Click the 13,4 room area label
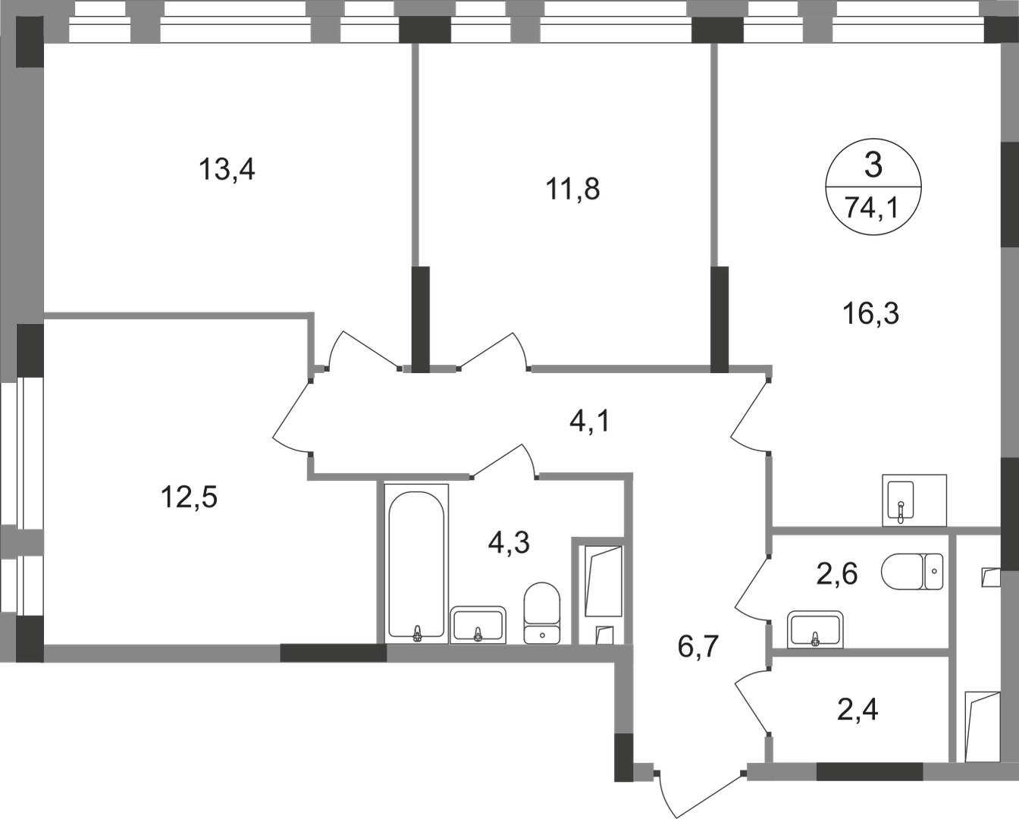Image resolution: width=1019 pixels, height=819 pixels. [227, 169]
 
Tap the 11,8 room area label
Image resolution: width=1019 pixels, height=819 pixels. [573, 188]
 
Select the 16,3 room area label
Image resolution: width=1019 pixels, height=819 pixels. [871, 312]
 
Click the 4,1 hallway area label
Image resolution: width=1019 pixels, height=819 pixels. [589, 419]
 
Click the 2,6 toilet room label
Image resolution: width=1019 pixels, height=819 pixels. [836, 574]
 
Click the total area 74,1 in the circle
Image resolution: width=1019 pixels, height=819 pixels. [872, 207]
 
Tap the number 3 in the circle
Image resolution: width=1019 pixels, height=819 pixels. [873, 165]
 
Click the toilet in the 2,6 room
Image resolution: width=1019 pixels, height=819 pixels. [913, 570]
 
